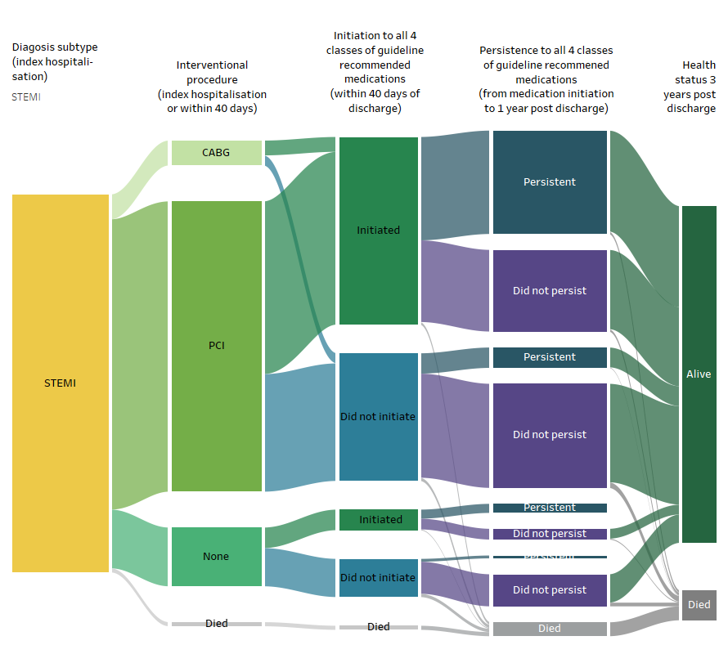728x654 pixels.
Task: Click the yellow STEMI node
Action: point(60,383)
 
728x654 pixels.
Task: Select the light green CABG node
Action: point(216,152)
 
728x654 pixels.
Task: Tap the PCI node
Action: point(216,346)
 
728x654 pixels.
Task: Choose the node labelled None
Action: point(216,557)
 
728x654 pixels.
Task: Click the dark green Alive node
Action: point(699,374)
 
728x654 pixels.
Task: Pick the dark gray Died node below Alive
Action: point(699,605)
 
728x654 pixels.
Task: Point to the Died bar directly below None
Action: point(216,624)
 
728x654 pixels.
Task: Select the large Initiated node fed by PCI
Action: point(378,231)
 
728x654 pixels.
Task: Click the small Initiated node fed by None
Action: point(378,520)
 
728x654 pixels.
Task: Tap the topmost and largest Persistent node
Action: point(550,182)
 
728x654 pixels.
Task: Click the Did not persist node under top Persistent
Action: point(550,291)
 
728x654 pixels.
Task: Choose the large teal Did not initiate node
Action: point(378,417)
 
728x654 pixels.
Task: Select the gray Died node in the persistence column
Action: point(550,629)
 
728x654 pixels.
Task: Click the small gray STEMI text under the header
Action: point(26,96)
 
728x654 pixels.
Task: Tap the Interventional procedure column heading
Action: point(212,87)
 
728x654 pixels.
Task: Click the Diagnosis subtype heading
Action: point(54,62)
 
